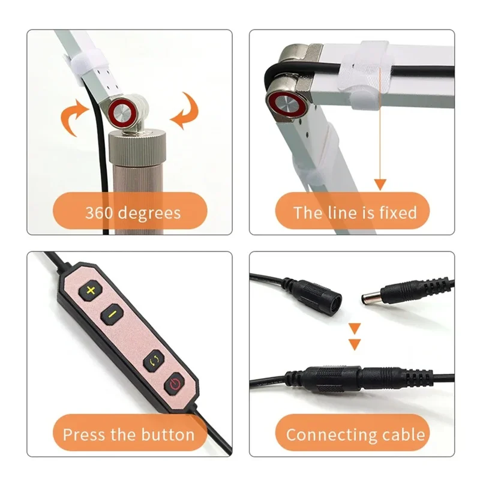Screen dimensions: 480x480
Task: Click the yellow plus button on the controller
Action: (92, 290)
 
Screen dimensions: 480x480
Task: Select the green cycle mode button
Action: (153, 360)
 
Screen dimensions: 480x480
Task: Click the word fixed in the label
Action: (397, 212)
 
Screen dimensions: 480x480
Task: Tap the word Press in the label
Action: (84, 434)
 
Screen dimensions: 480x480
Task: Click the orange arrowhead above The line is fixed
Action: (379, 185)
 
